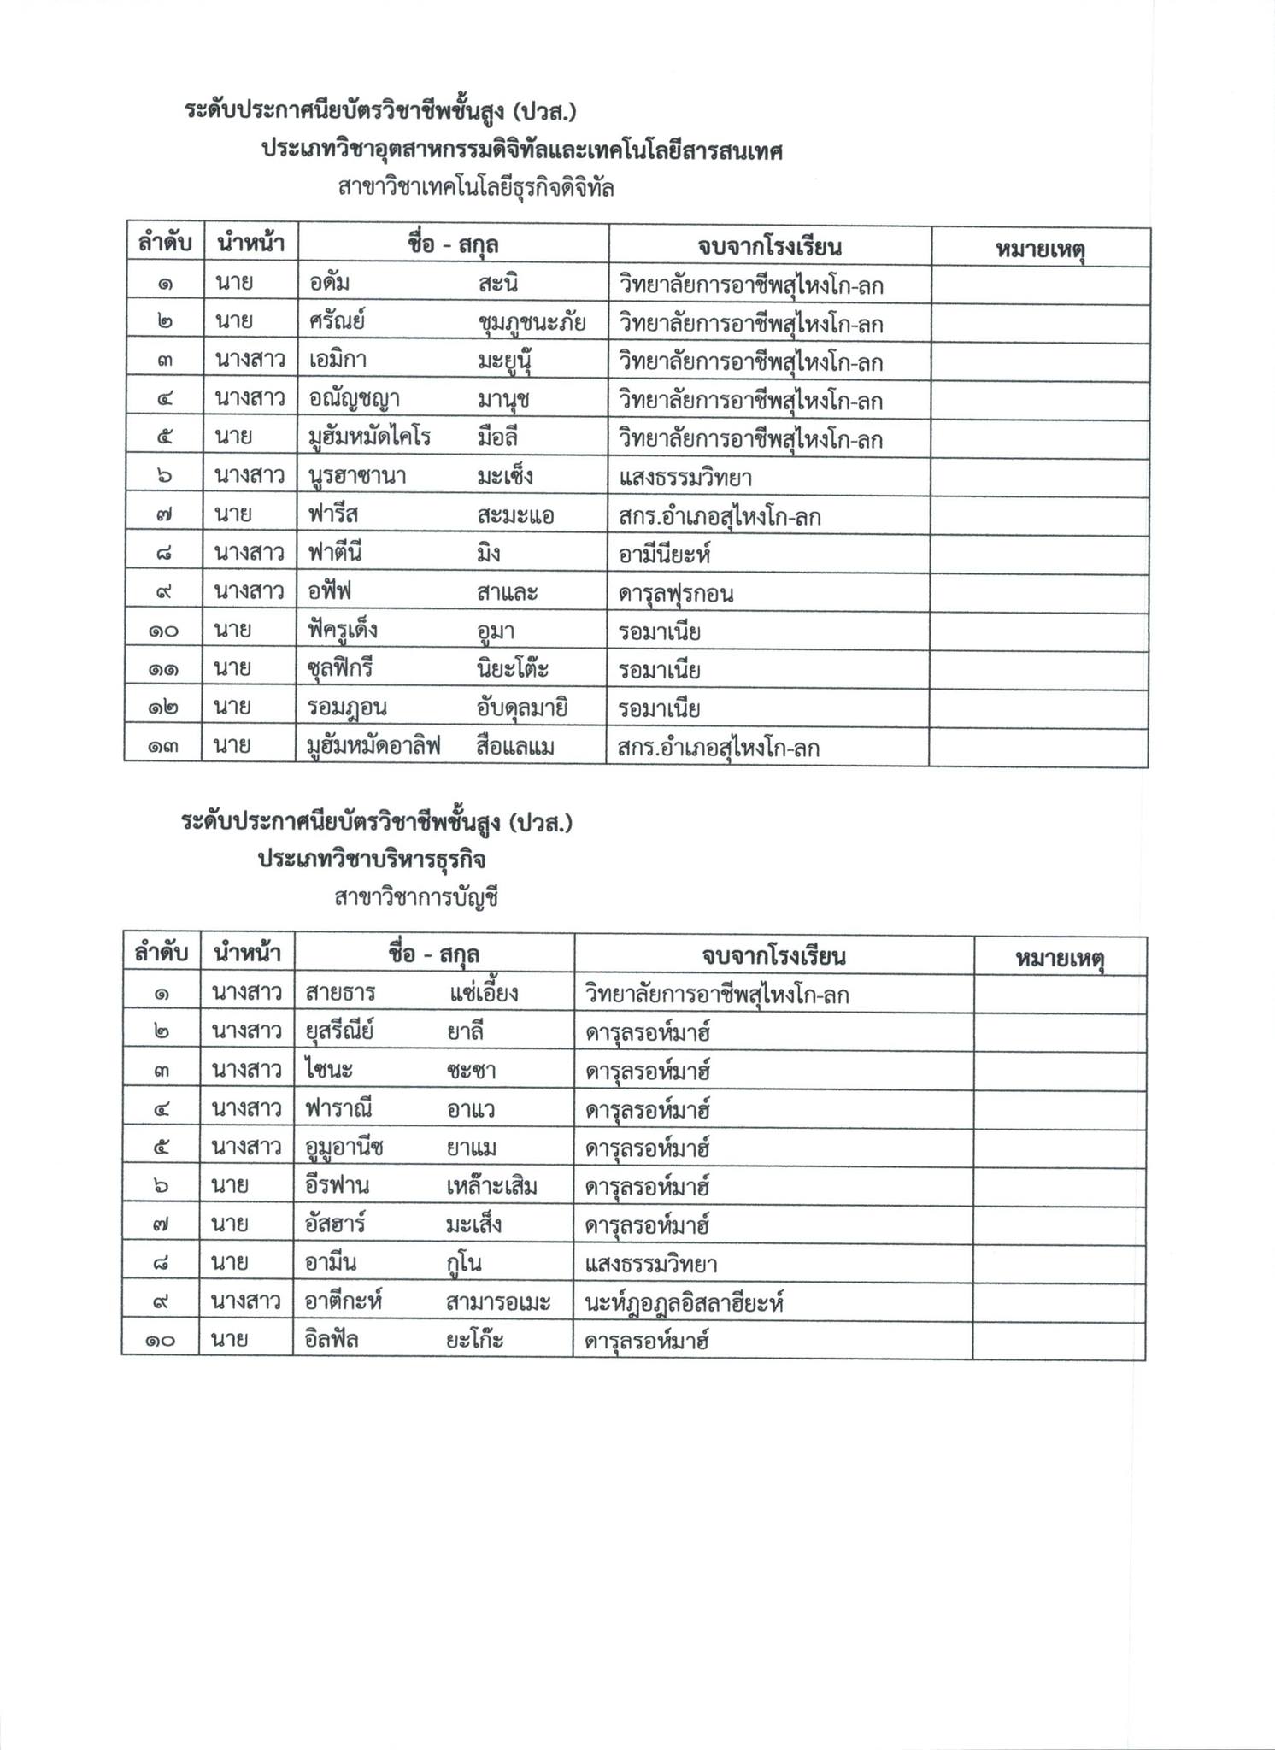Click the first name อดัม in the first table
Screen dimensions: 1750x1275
329,284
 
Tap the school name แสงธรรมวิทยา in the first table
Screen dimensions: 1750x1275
685,477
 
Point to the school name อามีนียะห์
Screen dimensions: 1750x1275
665,555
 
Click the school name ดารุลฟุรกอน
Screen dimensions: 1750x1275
676,593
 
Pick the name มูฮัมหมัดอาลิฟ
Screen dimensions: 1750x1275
373,747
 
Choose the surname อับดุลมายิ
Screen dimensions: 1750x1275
523,708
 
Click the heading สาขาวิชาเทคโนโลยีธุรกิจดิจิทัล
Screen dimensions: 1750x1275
476,187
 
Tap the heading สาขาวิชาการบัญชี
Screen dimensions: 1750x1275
416,897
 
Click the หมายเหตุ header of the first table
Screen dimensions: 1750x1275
1040,249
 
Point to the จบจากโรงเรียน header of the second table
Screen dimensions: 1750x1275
773,955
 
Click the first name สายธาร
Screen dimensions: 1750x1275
340,994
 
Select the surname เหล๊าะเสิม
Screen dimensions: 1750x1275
491,1186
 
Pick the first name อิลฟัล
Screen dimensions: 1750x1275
332,1340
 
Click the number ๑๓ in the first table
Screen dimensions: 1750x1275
163,748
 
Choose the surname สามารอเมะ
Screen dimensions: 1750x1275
497,1302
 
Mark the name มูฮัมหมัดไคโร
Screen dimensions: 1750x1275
369,438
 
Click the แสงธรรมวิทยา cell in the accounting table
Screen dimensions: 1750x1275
651,1264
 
